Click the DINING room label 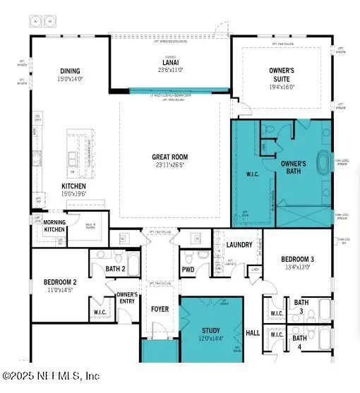tap(70, 71)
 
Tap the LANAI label tap(170, 62)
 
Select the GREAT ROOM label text tap(169, 157)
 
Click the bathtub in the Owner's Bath tap(324, 162)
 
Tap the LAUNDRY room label tap(240, 245)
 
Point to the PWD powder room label tap(188, 269)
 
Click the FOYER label tap(160, 309)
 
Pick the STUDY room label tap(211, 330)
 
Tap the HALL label tap(253, 332)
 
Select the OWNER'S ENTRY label tap(127, 297)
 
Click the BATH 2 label tap(115, 269)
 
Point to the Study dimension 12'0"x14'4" tap(211, 339)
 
